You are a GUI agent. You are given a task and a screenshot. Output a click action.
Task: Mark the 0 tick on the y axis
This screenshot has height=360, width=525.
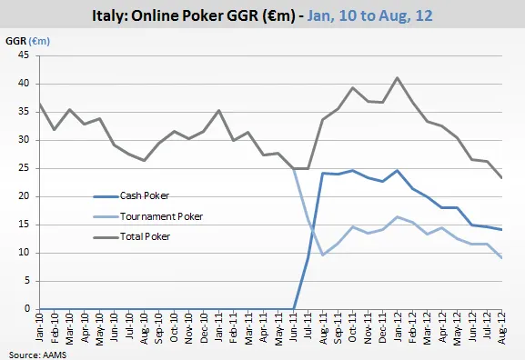[x=27, y=309]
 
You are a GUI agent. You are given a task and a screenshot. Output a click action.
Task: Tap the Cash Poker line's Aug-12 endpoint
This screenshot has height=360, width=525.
[x=500, y=230]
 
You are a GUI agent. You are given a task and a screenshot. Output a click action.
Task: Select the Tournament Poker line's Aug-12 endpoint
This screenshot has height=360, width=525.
[x=500, y=257]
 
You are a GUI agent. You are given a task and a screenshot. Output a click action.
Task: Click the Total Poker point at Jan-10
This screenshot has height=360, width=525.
[x=38, y=104]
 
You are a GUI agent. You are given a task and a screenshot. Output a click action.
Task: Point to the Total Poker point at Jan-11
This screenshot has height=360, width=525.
[x=219, y=111]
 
